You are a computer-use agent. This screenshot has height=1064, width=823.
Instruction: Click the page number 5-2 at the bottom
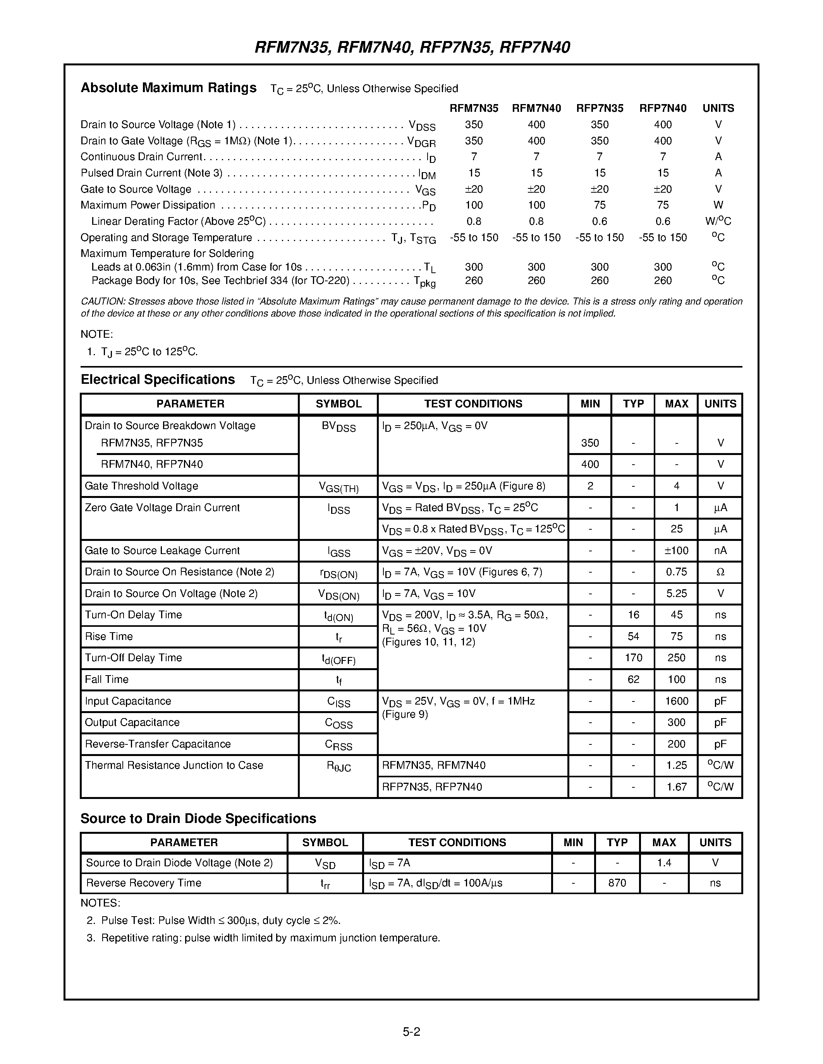pyautogui.click(x=411, y=1031)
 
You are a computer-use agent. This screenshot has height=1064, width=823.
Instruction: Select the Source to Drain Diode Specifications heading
pyautogui.click(x=198, y=818)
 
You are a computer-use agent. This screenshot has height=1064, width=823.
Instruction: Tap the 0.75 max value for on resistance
pyautogui.click(x=676, y=572)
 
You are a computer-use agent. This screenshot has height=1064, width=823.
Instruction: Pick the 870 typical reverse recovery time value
pyautogui.click(x=617, y=883)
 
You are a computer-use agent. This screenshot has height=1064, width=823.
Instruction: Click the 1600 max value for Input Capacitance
pyautogui.click(x=676, y=701)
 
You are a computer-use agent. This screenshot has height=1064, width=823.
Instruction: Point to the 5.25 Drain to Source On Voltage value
pyautogui.click(x=676, y=594)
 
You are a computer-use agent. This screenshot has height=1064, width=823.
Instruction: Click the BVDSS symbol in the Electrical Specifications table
pyautogui.click(x=338, y=426)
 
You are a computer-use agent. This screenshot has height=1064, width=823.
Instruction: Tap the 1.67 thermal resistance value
pyautogui.click(x=676, y=787)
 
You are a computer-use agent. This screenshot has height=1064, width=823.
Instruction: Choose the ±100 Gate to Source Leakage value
pyautogui.click(x=676, y=551)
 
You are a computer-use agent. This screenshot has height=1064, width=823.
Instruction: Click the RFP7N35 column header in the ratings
pyautogui.click(x=599, y=108)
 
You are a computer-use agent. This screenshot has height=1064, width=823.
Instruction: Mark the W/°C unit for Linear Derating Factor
pyautogui.click(x=718, y=221)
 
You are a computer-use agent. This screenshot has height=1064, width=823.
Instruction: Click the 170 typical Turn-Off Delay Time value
pyautogui.click(x=633, y=658)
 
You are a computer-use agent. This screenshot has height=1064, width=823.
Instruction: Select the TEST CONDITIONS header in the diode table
pyautogui.click(x=457, y=842)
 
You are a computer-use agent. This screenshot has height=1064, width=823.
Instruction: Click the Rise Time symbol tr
pyautogui.click(x=338, y=637)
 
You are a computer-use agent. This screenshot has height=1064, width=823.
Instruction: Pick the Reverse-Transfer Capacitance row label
pyautogui.click(x=158, y=744)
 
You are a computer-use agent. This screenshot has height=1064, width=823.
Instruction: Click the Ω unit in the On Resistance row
pyautogui.click(x=720, y=572)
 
